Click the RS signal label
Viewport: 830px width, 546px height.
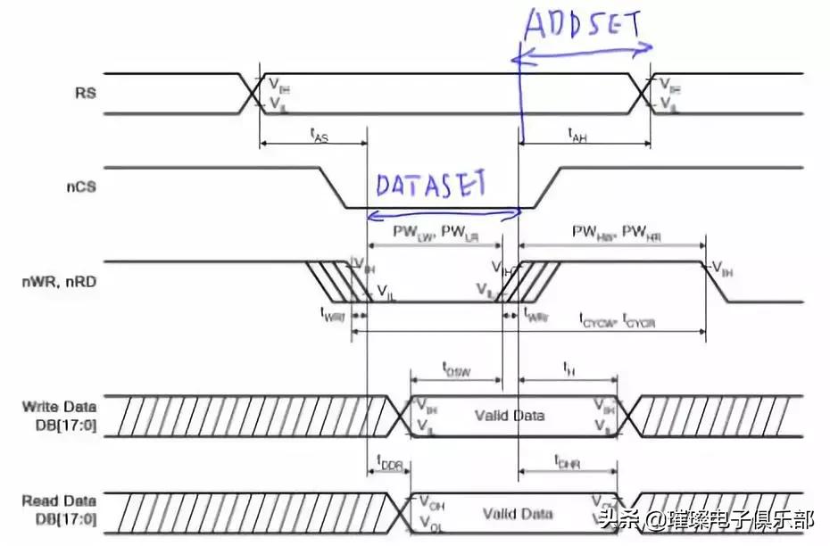coord(87,92)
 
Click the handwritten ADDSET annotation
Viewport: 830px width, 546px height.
coord(582,24)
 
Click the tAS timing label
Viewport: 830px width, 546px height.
coord(316,135)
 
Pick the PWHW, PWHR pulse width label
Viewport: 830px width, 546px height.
coord(610,231)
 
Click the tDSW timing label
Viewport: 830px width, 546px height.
coord(456,367)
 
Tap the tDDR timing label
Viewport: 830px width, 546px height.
coord(390,463)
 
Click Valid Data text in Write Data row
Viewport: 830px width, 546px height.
coord(508,416)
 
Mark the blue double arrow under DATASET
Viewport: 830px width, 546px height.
coord(444,212)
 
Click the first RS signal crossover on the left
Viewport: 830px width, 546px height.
coord(251,93)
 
